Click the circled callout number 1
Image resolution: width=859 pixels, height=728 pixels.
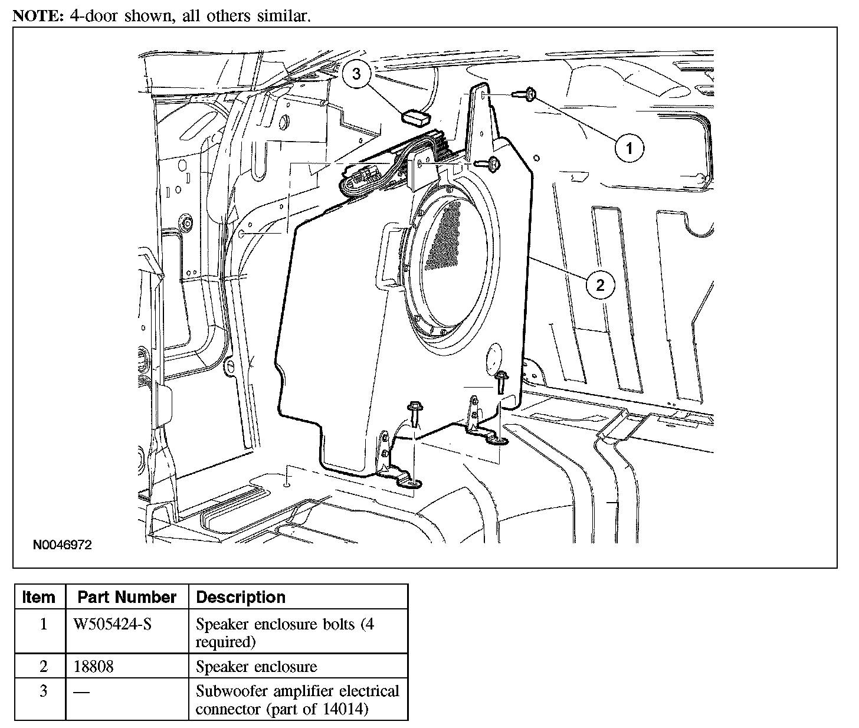tap(630, 147)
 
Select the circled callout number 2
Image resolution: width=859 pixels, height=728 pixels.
tap(600, 286)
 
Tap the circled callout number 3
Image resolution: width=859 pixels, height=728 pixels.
tap(356, 74)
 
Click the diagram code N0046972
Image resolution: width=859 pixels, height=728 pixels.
tap(63, 545)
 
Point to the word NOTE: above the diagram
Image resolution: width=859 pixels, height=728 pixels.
tap(38, 15)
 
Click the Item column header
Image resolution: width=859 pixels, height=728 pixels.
tap(39, 597)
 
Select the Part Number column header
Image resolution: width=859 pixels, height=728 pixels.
tap(127, 597)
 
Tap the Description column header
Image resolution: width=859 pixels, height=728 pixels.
tap(241, 597)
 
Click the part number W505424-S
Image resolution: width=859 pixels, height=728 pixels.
tap(112, 624)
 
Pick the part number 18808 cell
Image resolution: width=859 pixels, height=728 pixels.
tap(94, 667)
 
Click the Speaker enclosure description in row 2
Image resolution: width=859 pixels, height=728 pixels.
tap(256, 667)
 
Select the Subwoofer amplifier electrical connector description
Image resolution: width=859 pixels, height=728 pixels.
tap(297, 699)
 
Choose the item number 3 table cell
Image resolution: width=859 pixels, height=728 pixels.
tap(43, 691)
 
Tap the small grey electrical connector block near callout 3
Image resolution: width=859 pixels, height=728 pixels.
tap(417, 117)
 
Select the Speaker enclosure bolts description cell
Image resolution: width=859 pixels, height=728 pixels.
tap(284, 632)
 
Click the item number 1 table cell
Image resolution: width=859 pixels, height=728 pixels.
tap(43, 624)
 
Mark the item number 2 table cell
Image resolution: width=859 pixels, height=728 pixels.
tap(43, 667)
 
